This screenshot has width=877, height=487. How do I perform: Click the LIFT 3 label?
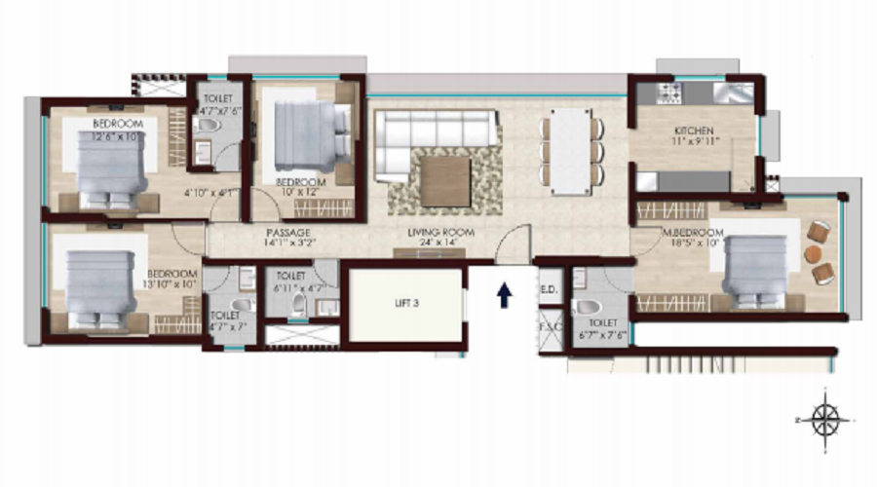pyautogui.click(x=406, y=303)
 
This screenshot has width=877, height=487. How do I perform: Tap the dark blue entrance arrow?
pyautogui.click(x=505, y=295)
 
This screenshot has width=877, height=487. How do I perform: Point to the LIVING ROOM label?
pyautogui.click(x=440, y=232)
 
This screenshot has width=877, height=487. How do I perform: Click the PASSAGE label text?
pyautogui.click(x=288, y=233)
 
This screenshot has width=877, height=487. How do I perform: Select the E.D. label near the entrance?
pyautogui.click(x=548, y=289)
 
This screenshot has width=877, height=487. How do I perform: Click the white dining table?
pyautogui.click(x=569, y=152)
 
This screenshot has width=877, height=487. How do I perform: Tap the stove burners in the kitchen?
pyautogui.click(x=671, y=94)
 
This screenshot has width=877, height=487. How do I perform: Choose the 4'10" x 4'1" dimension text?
pyautogui.click(x=211, y=193)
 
